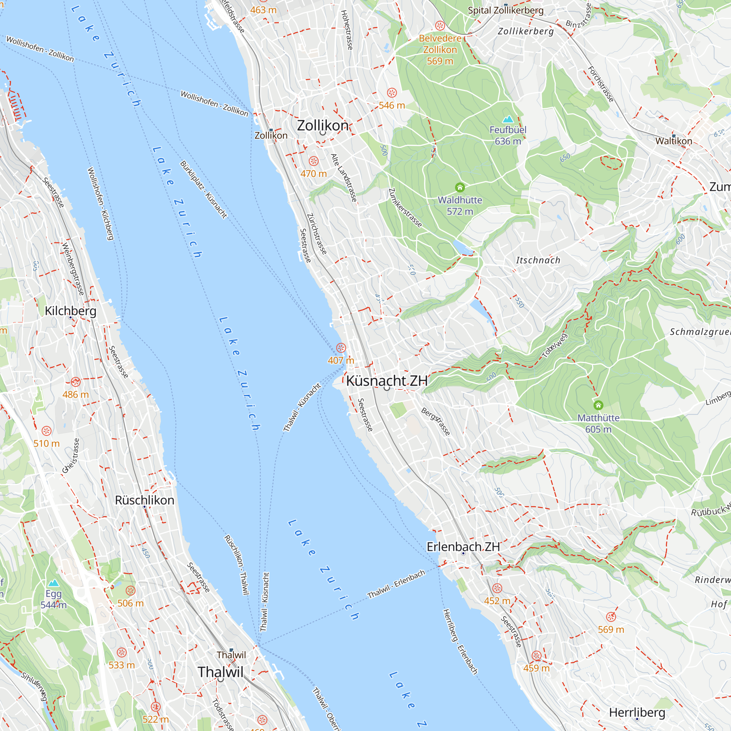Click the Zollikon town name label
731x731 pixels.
tap(322, 126)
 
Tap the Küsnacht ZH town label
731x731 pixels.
tap(387, 380)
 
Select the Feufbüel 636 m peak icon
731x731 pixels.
tap(508, 119)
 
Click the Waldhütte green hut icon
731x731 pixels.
tap(460, 187)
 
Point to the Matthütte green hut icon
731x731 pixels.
tap(598, 405)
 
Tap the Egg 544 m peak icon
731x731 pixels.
tap(53, 583)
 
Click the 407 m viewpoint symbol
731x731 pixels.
tap(341, 348)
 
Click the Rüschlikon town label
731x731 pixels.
tap(144, 500)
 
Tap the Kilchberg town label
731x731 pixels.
tap(71, 311)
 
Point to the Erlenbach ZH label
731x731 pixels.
tap(463, 547)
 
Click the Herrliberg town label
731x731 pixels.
tap(637, 713)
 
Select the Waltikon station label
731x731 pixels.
tap(674, 141)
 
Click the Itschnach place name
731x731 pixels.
tap(538, 260)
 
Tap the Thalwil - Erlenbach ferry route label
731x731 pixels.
tap(396, 584)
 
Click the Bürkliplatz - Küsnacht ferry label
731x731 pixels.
tap(204, 190)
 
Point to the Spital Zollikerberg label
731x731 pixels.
tap(505, 11)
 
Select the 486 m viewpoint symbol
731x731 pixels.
tap(76, 381)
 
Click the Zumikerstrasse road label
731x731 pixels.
tap(405, 208)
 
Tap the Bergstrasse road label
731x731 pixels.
tap(436, 421)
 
